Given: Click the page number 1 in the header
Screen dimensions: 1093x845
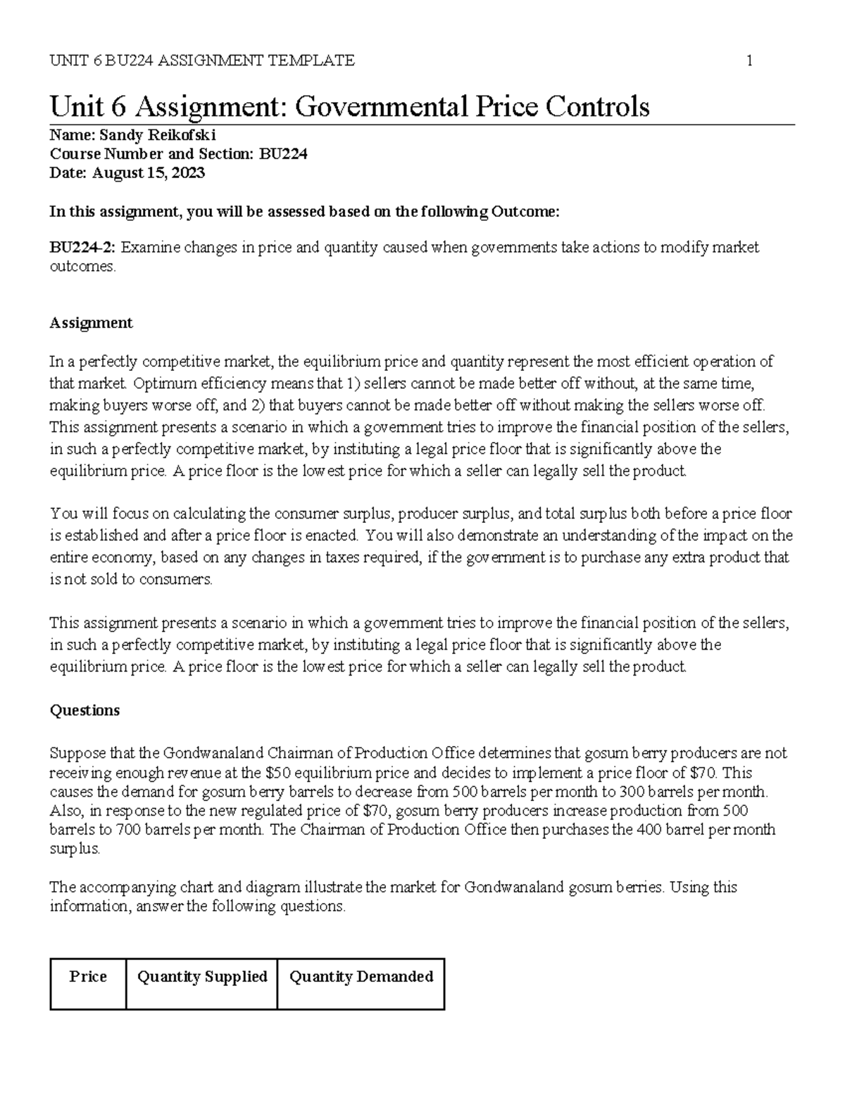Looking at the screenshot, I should (749, 61).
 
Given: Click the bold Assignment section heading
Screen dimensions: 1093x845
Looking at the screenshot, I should (91, 323).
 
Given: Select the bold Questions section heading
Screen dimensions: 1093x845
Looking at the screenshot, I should (84, 710).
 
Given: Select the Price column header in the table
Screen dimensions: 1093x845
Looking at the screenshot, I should (88, 977).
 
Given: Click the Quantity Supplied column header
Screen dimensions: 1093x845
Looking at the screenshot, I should (202, 977).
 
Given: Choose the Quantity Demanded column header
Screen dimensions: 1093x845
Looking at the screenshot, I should (361, 977).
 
